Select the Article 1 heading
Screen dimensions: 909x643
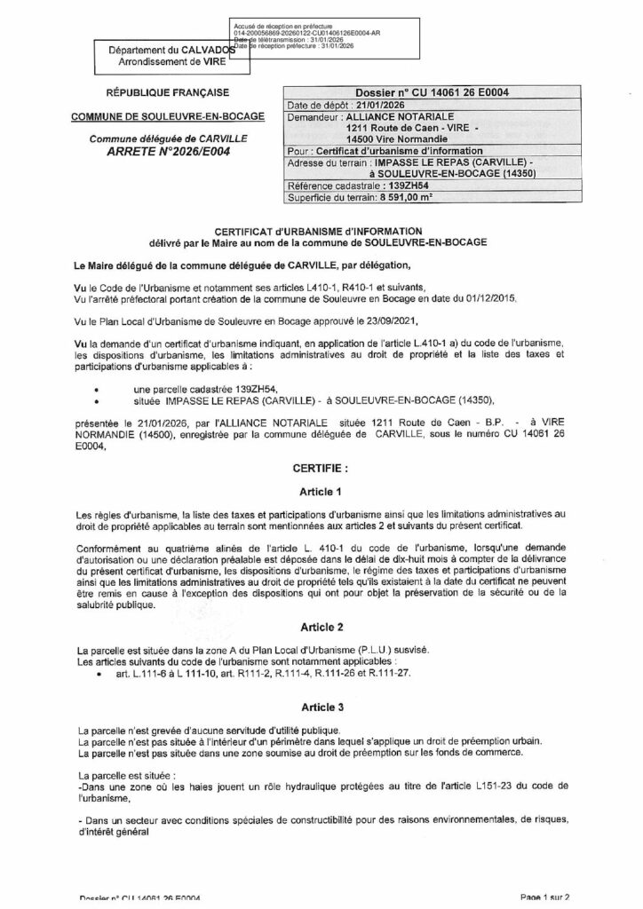tap(321, 492)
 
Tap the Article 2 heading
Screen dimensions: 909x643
tap(321, 626)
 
